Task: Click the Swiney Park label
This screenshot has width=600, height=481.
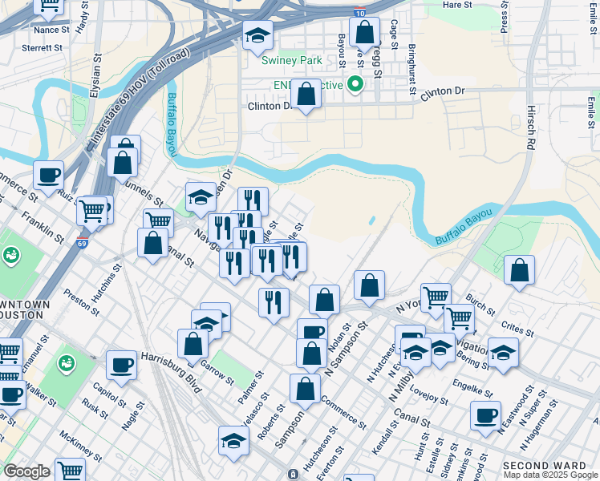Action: pyautogui.click(x=291, y=60)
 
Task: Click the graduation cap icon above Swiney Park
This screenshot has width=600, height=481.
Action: pyautogui.click(x=258, y=35)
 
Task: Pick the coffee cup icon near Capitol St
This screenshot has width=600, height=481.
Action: pyautogui.click(x=122, y=365)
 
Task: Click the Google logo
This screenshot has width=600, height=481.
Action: pyautogui.click(x=26, y=471)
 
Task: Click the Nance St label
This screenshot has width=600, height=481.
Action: pyautogui.click(x=52, y=30)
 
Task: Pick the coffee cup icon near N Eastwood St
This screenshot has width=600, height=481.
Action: pyautogui.click(x=485, y=415)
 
